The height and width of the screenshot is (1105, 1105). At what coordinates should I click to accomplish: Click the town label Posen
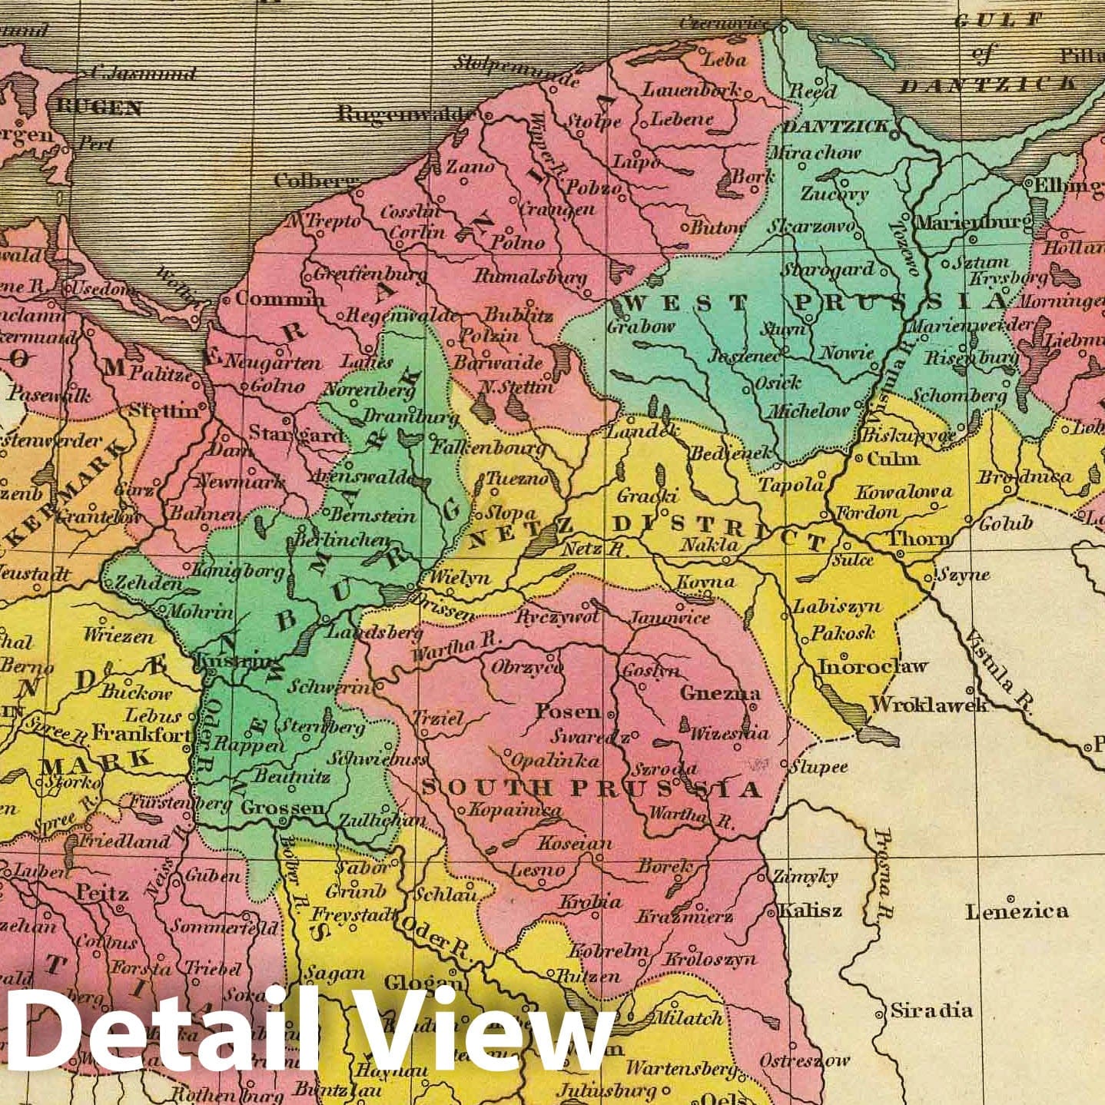(568, 711)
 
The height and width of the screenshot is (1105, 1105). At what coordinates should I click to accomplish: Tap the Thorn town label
(918, 539)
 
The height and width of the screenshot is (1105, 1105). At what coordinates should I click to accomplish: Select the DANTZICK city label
(836, 127)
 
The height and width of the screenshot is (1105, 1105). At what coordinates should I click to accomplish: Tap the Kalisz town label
(810, 911)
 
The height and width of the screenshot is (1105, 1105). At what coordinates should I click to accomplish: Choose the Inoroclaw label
(872, 666)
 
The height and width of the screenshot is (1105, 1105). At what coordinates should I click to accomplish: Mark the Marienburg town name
(974, 223)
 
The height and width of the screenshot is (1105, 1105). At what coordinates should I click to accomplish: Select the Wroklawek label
(928, 704)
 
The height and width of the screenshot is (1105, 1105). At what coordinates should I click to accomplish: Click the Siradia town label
(931, 1010)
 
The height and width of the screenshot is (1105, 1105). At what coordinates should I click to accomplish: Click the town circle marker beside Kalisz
(772, 912)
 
